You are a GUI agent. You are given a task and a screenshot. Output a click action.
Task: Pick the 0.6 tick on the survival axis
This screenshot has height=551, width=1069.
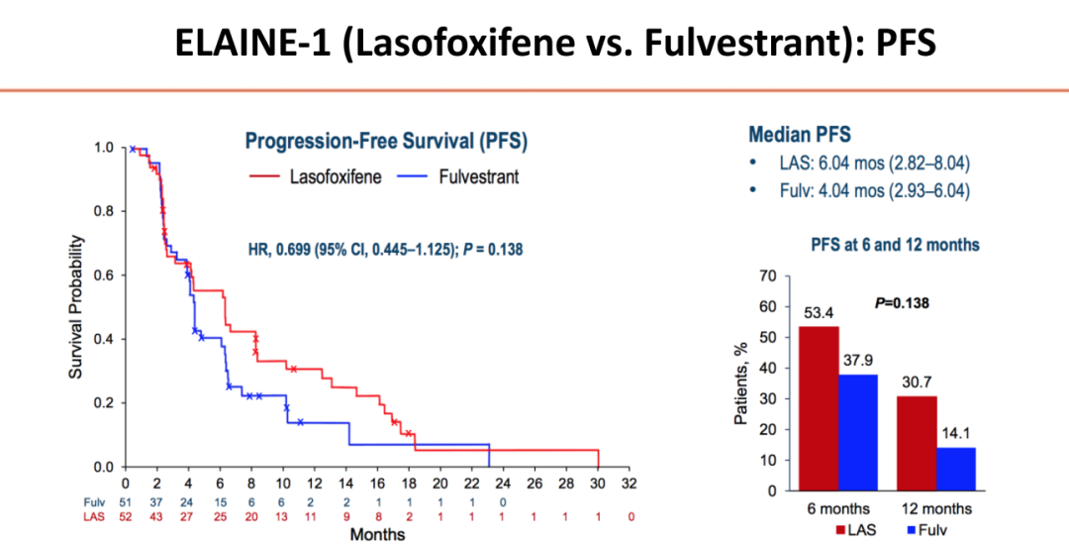103,275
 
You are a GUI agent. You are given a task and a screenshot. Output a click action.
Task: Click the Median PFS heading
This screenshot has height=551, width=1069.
799,134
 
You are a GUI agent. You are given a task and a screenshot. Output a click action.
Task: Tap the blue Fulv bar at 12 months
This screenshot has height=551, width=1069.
955,469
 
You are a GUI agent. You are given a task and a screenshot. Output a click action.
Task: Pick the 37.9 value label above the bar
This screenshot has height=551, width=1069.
857,360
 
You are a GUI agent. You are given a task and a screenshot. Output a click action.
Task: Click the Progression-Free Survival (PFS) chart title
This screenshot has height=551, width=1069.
386,142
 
